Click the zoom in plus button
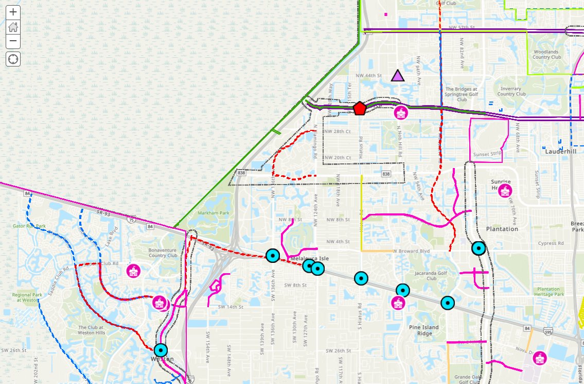click(x=13, y=12)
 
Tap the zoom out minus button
click(x=13, y=41)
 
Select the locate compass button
click(x=13, y=59)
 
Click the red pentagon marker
click(x=360, y=108)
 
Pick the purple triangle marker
click(x=397, y=76)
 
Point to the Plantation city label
click(x=502, y=229)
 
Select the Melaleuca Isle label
click(x=309, y=258)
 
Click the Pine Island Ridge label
click(x=424, y=330)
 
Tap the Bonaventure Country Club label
click(x=163, y=253)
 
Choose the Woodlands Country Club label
click(x=547, y=54)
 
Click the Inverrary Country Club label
click(x=511, y=91)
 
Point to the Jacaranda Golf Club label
click(x=431, y=276)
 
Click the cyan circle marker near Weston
click(x=161, y=350)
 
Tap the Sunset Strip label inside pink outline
click(x=487, y=154)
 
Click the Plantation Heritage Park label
click(x=550, y=292)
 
